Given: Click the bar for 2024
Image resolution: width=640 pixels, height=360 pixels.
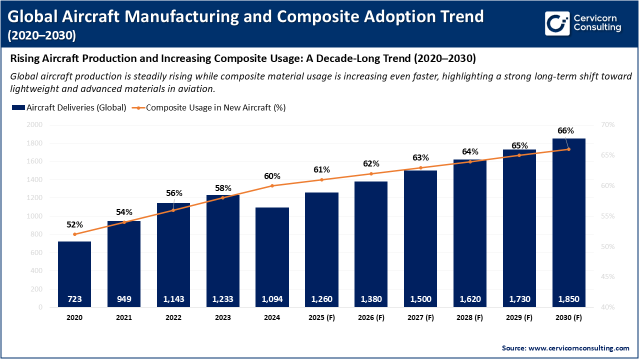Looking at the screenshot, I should (x=272, y=255).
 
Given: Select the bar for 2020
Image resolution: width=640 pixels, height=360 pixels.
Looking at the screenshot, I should (x=74, y=272).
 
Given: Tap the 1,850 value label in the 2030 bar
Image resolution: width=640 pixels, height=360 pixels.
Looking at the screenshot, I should (x=568, y=299).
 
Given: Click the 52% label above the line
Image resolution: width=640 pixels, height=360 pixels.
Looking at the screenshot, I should (x=74, y=224).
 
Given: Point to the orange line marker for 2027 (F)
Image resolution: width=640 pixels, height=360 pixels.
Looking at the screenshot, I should (x=420, y=168).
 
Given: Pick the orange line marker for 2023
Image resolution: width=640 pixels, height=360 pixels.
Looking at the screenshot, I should (x=223, y=197).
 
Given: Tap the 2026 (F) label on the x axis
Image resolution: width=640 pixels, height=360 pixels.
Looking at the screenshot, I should (x=371, y=317).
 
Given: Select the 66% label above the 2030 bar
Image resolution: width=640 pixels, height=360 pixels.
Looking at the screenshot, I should (x=565, y=130).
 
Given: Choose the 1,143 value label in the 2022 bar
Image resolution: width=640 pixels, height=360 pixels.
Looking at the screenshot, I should (x=173, y=299).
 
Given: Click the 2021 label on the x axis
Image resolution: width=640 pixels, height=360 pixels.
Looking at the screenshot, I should (x=124, y=317).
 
